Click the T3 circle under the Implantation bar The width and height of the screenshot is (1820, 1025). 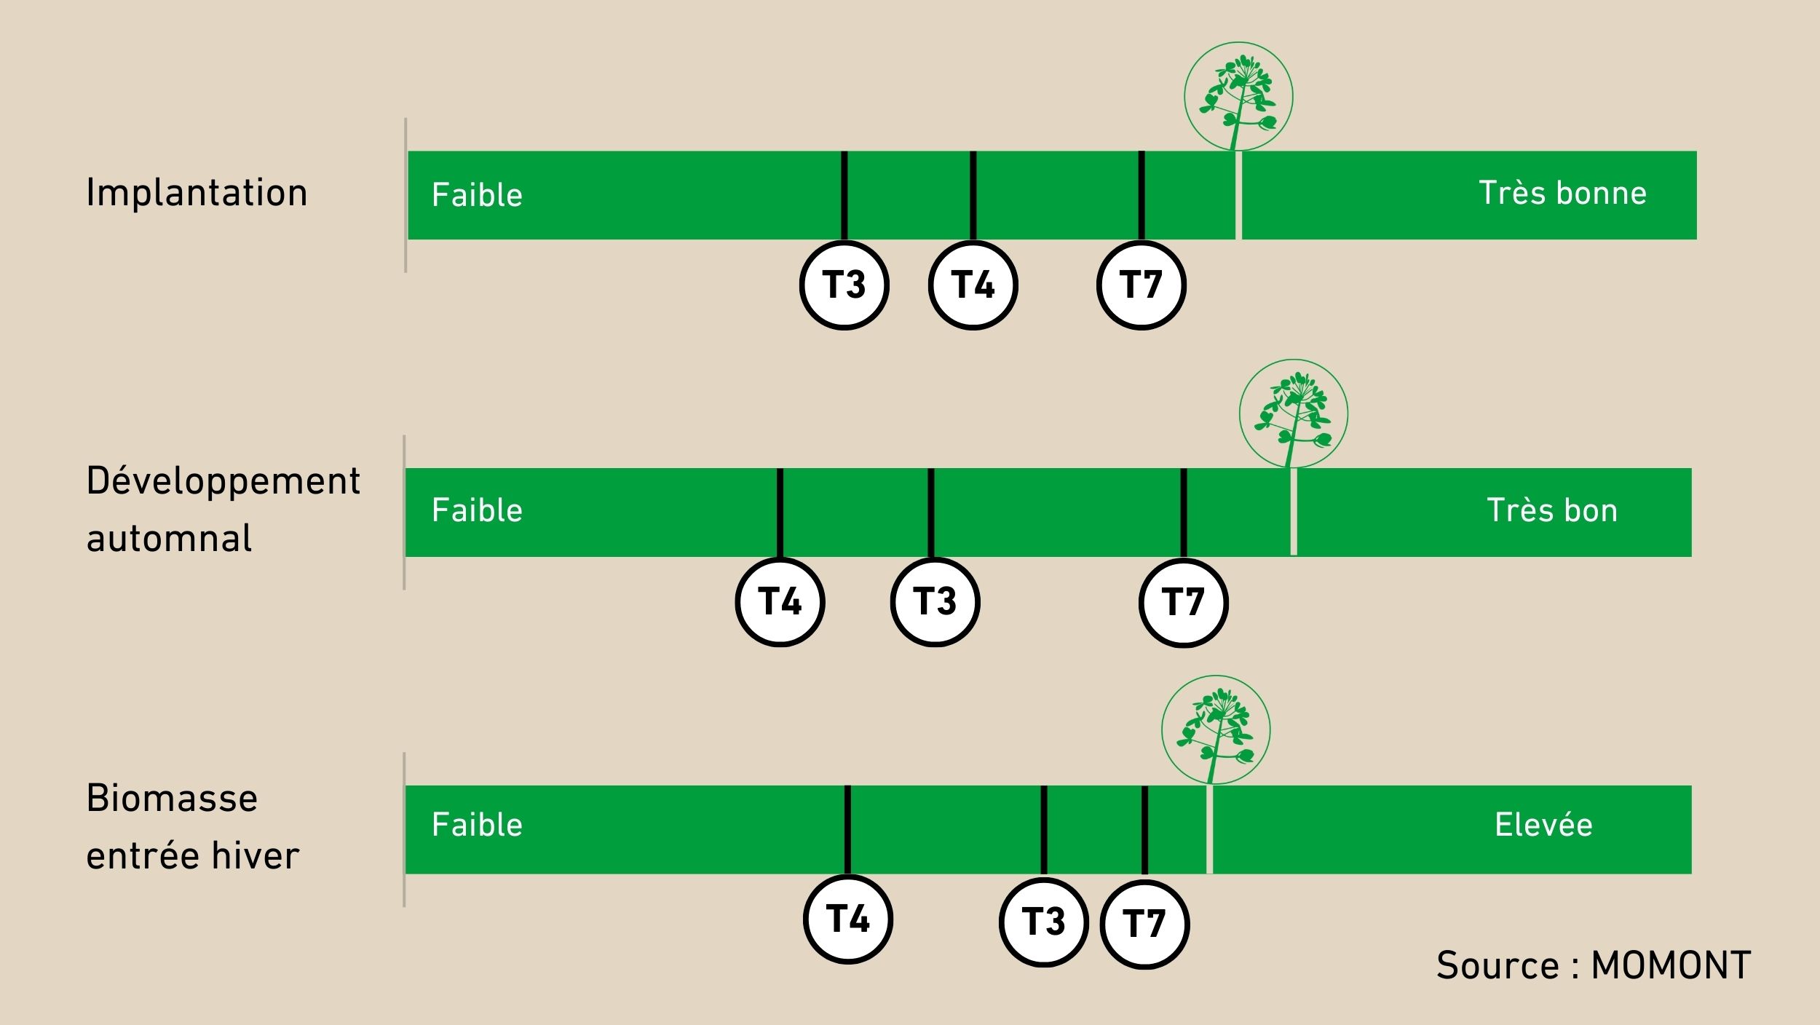point(844,285)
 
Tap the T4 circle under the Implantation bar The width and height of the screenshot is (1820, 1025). point(973,285)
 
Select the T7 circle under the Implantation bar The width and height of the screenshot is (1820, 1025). point(1142,285)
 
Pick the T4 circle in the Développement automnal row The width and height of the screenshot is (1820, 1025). point(780,602)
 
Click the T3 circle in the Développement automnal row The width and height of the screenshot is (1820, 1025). point(935,602)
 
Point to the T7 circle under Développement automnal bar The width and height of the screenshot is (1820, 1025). point(1184,603)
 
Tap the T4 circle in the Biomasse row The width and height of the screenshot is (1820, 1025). point(848,919)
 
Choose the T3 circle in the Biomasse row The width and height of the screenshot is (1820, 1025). point(1044,922)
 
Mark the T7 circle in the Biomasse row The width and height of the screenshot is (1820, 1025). point(1144,925)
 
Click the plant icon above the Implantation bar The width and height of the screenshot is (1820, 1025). point(1238,96)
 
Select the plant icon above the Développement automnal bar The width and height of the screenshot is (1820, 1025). point(1294,413)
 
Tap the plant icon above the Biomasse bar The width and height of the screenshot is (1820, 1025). point(1216,730)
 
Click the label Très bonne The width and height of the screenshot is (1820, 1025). point(1562,193)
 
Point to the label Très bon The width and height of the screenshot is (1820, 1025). point(1552,510)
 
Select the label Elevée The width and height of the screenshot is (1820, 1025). point(1543,825)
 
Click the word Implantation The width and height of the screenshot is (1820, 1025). point(197,193)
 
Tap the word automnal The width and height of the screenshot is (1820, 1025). point(169,539)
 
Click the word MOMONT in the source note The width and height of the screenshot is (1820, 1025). point(1671,966)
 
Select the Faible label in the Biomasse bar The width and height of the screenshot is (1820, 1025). point(477,825)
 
